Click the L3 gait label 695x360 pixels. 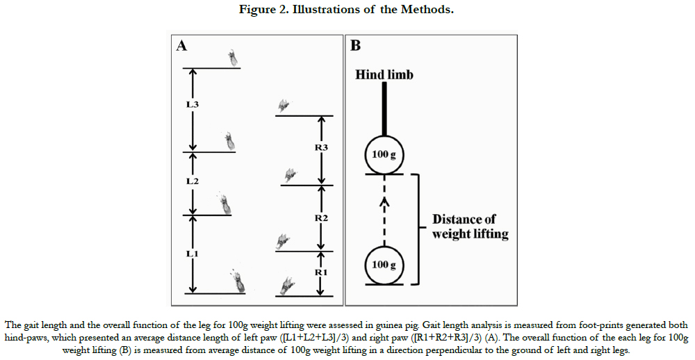[192, 105]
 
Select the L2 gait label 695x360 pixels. [193, 181]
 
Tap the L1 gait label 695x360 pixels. [192, 254]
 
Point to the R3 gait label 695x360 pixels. [321, 147]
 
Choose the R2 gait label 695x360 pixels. [321, 218]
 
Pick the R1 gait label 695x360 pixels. [321, 272]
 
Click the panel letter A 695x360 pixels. [181, 46]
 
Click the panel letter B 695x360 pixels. [355, 46]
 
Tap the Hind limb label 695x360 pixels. [384, 74]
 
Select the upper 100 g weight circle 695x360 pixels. [384, 155]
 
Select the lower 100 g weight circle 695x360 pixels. [384, 264]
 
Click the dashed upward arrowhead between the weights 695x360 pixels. [384, 202]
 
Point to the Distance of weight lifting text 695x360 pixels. [471, 227]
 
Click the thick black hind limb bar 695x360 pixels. [384, 108]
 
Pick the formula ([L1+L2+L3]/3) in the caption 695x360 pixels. [314, 338]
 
